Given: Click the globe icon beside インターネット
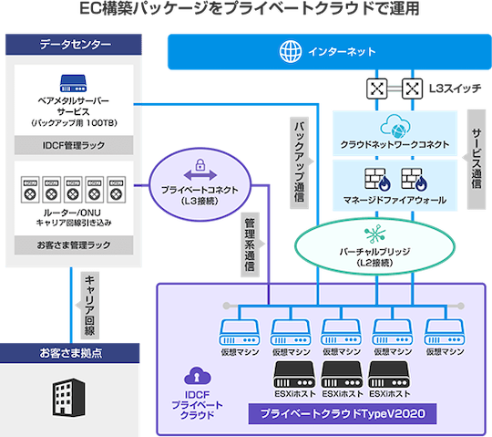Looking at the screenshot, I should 292,51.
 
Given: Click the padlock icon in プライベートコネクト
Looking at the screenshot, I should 200,172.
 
